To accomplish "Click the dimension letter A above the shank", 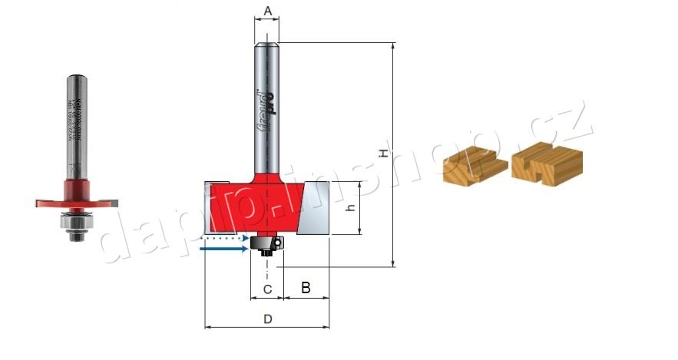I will (267, 10).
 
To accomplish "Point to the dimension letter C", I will (267, 289).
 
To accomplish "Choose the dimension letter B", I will (306, 289).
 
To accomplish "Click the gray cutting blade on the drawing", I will (318, 207).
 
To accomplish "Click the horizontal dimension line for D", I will (267, 328).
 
